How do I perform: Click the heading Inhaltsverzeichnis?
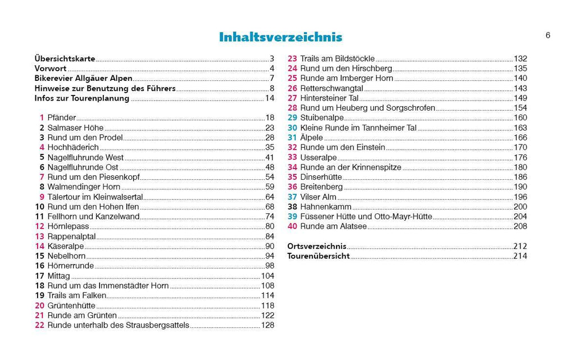pyautogui.click(x=280, y=38)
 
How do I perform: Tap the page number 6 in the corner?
pyautogui.click(x=547, y=35)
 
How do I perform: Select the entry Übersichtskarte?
pyautogui.click(x=65, y=58)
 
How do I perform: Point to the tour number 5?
pyautogui.click(x=42, y=157)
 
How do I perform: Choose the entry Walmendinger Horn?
pyautogui.click(x=82, y=187)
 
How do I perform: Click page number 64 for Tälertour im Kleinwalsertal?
pyautogui.click(x=269, y=197)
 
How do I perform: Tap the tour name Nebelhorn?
pyautogui.click(x=67, y=256)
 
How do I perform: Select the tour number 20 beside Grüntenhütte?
pyautogui.click(x=39, y=306)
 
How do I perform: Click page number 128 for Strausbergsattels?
pyautogui.click(x=268, y=325)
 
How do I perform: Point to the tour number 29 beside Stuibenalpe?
pyautogui.click(x=292, y=118)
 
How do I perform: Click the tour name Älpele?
pyautogui.click(x=312, y=138)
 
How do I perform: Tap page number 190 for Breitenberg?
pyautogui.click(x=520, y=187)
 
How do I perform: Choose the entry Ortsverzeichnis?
pyautogui.click(x=316, y=247)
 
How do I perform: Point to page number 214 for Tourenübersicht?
pyautogui.click(x=520, y=256)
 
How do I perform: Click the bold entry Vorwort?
pyautogui.click(x=51, y=69)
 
